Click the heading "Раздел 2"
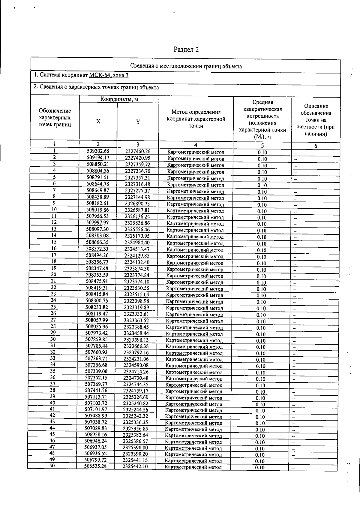[186, 50]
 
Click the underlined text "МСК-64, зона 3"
[109, 75]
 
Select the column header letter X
[98, 121]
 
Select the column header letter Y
[138, 122]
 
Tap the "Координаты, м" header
[119, 99]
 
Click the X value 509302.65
[98, 151]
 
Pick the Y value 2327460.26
[138, 152]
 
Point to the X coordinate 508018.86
[97, 210]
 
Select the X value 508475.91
[97, 281]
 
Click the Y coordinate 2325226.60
[136, 397]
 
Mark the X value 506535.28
[95, 466]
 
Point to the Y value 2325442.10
[135, 466]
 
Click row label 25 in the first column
[53, 307]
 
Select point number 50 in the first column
[52, 466]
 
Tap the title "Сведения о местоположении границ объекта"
[186, 66]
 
